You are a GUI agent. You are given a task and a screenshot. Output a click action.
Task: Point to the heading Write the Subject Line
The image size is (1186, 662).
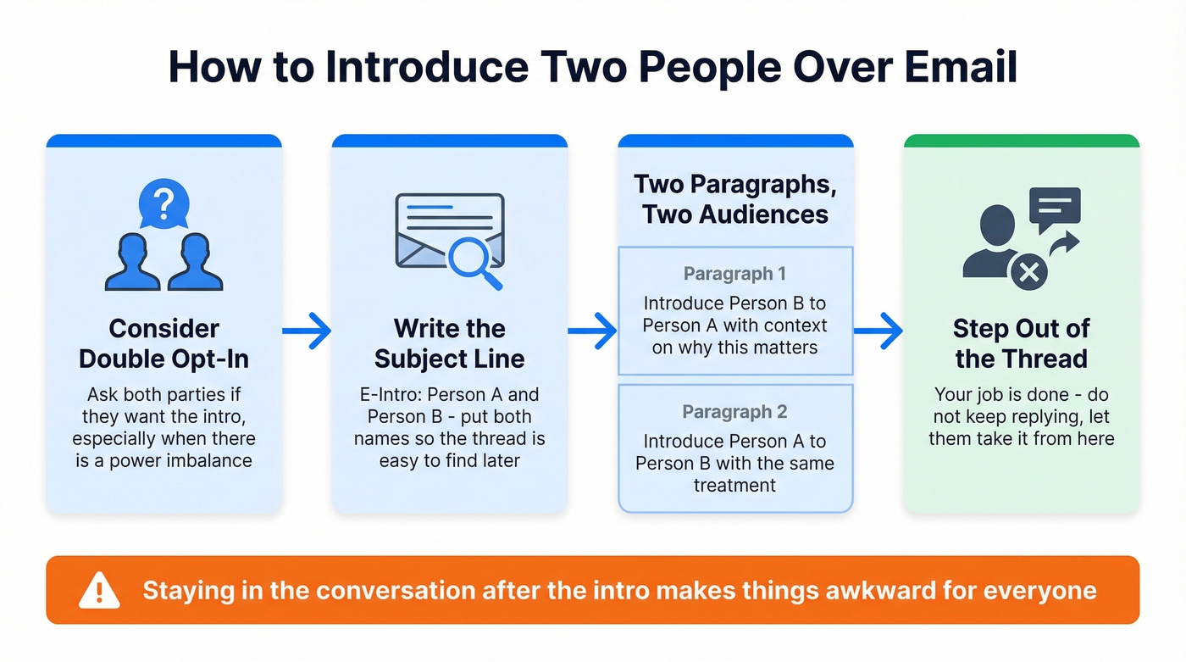[x=449, y=343]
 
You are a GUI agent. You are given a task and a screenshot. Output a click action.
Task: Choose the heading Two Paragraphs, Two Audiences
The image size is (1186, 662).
[x=734, y=199]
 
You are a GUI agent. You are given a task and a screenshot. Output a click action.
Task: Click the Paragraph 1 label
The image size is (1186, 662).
[x=734, y=274]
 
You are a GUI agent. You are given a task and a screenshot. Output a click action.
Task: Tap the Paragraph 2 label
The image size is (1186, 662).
[x=734, y=413]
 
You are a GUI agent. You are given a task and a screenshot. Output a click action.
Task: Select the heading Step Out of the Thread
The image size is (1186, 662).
[x=1021, y=343]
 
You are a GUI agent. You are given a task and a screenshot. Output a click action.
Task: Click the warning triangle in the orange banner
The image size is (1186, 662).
[x=99, y=590]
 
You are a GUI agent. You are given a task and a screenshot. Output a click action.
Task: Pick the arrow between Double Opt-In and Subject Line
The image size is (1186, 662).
[x=306, y=331]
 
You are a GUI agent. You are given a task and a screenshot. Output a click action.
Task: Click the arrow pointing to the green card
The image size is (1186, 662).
[x=878, y=331]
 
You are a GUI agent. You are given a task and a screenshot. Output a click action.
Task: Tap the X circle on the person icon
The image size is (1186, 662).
[x=1028, y=272]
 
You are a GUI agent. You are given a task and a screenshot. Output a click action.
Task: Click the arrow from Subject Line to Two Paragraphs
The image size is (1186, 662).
[x=592, y=331]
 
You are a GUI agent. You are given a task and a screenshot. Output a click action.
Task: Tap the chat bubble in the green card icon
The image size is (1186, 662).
[x=1054, y=207]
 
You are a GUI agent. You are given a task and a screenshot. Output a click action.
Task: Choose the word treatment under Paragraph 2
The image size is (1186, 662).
[x=734, y=486]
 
